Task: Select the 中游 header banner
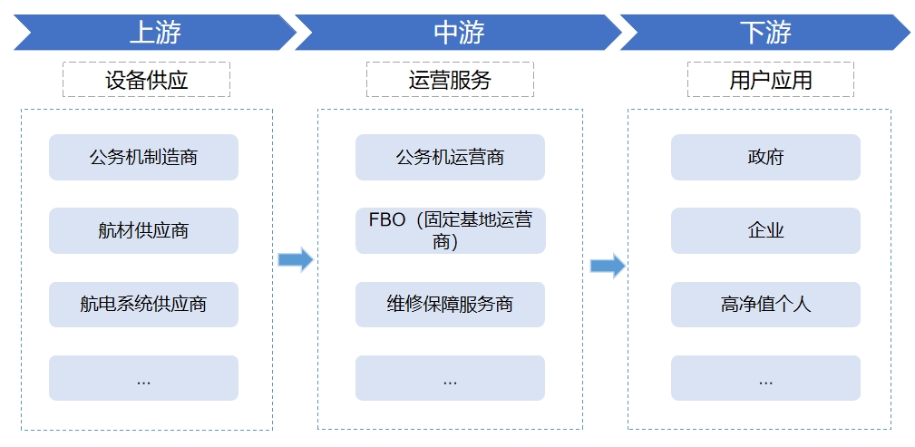(458, 33)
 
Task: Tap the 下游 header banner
(764, 33)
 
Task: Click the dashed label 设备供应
(146, 80)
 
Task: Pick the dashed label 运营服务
(450, 80)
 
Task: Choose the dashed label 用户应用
(770, 80)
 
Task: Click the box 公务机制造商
(143, 158)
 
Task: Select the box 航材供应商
(143, 231)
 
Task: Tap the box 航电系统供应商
(143, 305)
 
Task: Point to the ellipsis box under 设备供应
(143, 378)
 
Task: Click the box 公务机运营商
(450, 158)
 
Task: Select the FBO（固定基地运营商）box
(450, 231)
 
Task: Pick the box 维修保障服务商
(450, 305)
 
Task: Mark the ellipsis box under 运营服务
(450, 378)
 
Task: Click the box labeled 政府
(765, 158)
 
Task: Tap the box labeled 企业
(765, 231)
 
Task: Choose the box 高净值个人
(765, 305)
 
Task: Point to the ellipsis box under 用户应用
(765, 378)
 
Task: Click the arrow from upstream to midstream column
(295, 260)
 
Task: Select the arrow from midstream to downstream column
(608, 266)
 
